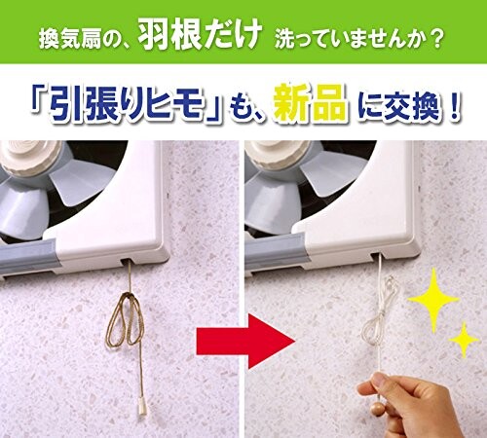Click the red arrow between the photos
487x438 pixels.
coord(245,341)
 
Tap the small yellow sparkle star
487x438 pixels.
coord(464,340)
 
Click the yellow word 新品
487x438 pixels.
coord(310,102)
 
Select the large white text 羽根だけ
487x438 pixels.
coord(200,36)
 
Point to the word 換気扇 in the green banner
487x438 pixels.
coord(71,40)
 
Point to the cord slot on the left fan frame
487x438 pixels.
coord(128,260)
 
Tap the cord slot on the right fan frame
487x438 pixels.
coord(378,256)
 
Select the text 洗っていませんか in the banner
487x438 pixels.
coord(349,40)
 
